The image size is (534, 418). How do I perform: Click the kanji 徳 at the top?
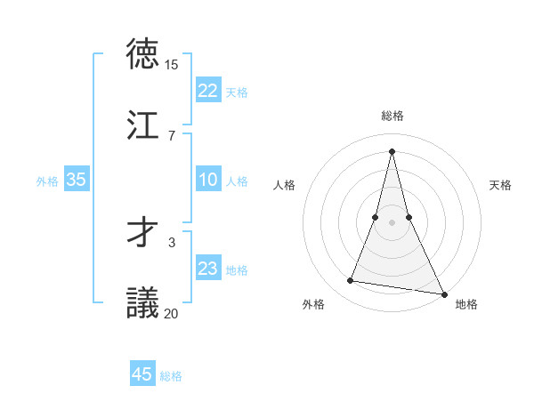[x=144, y=55]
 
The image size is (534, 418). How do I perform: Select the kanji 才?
[x=144, y=232]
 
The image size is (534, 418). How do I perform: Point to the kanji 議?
[x=144, y=302]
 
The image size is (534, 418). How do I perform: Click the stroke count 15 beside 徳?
[x=171, y=65]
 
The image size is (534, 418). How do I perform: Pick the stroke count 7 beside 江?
[x=171, y=135]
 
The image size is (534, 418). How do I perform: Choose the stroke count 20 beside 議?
[x=171, y=312]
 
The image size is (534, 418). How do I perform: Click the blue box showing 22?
[x=208, y=91]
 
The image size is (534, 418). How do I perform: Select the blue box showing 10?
[x=208, y=180]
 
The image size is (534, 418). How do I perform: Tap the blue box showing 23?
[x=208, y=269]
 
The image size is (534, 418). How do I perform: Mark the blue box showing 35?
[x=76, y=180]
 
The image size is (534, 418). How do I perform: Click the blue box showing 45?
[x=142, y=374]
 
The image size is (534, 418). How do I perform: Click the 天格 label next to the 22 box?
[x=237, y=92]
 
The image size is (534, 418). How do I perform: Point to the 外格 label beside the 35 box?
[x=47, y=181]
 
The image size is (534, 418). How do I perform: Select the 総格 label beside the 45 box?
[x=171, y=376]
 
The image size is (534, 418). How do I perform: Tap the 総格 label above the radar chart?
[x=392, y=116]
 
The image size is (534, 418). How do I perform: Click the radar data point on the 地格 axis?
[x=442, y=293]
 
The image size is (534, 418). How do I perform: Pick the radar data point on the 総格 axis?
[x=392, y=151]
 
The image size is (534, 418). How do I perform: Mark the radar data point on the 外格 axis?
[x=351, y=281]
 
